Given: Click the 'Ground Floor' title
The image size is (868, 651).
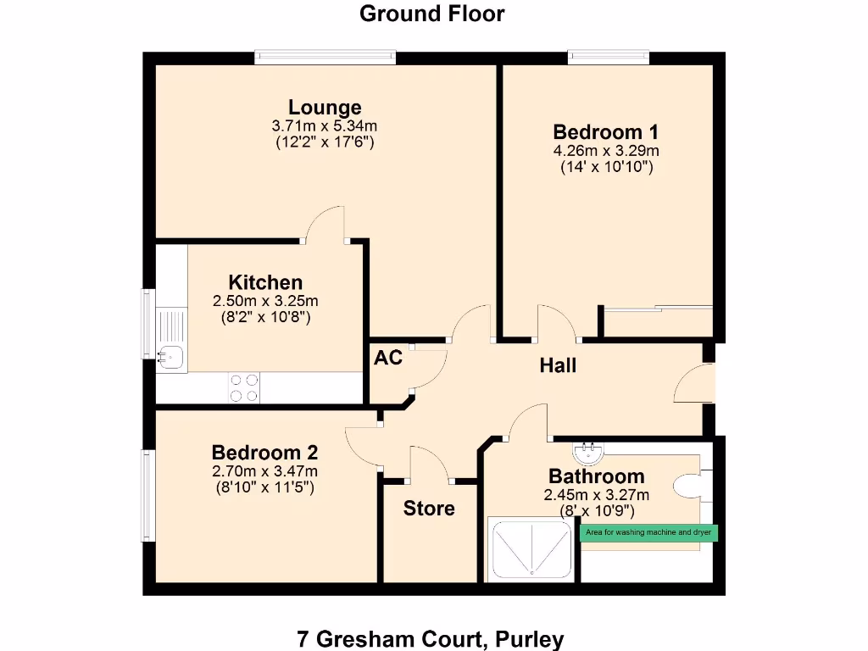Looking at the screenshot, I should [x=431, y=14].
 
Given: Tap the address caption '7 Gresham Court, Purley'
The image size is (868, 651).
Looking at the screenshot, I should [x=431, y=638].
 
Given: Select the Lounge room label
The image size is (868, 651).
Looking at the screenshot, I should [x=325, y=108].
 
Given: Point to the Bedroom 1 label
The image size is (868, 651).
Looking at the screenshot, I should [x=605, y=132].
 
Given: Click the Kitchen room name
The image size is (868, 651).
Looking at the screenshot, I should [x=265, y=282].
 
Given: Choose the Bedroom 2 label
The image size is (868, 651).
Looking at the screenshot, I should [x=264, y=453].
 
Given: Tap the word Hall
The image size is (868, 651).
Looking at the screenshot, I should [x=558, y=365].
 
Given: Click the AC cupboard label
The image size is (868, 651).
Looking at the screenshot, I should [x=387, y=358].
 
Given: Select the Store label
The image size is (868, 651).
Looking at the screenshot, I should [x=429, y=509].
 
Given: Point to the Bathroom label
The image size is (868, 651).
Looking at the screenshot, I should [x=596, y=476].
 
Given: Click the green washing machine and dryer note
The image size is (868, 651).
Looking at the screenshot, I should [x=648, y=533].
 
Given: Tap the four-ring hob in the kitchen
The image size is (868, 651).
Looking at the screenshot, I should [x=244, y=387].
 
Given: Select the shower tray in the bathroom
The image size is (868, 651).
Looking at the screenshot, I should [x=531, y=549].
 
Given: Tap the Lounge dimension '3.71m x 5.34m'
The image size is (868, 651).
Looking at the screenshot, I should [x=325, y=125].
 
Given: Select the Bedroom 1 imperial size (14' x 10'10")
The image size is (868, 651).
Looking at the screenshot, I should [x=605, y=168].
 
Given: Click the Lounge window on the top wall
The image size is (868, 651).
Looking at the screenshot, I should [x=325, y=58].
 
